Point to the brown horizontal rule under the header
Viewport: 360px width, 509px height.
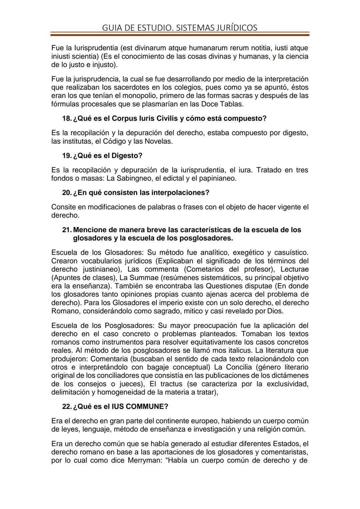pos(180,34)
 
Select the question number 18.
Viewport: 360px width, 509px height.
pos(67,118)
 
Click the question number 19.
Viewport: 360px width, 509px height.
pos(67,156)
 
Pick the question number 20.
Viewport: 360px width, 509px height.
pos(67,193)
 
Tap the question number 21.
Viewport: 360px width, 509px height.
pos(67,230)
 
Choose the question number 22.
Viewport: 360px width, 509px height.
pos(67,407)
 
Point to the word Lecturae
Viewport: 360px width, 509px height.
pos(294,269)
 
